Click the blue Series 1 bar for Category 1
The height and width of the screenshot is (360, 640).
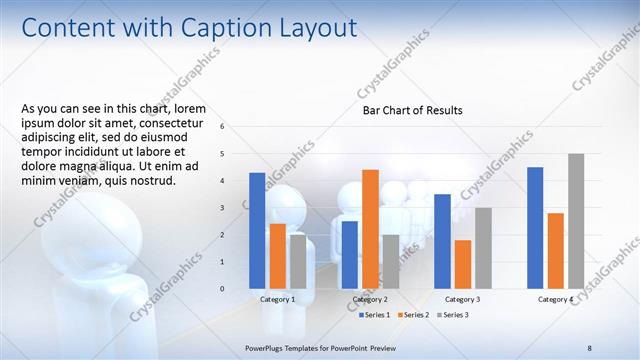click(257, 230)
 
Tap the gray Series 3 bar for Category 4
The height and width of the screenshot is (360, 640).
click(576, 221)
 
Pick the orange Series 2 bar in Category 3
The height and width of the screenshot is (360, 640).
click(463, 264)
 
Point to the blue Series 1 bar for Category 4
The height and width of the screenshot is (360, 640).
click(535, 227)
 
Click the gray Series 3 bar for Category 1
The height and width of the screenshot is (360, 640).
click(298, 261)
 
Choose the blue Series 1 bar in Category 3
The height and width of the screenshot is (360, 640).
click(442, 241)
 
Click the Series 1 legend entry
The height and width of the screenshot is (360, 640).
click(375, 315)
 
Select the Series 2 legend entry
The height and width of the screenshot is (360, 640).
click(415, 315)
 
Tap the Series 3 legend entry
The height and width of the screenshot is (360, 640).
click(454, 315)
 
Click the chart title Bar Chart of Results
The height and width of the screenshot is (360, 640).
click(412, 111)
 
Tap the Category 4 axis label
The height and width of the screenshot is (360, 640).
click(555, 299)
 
